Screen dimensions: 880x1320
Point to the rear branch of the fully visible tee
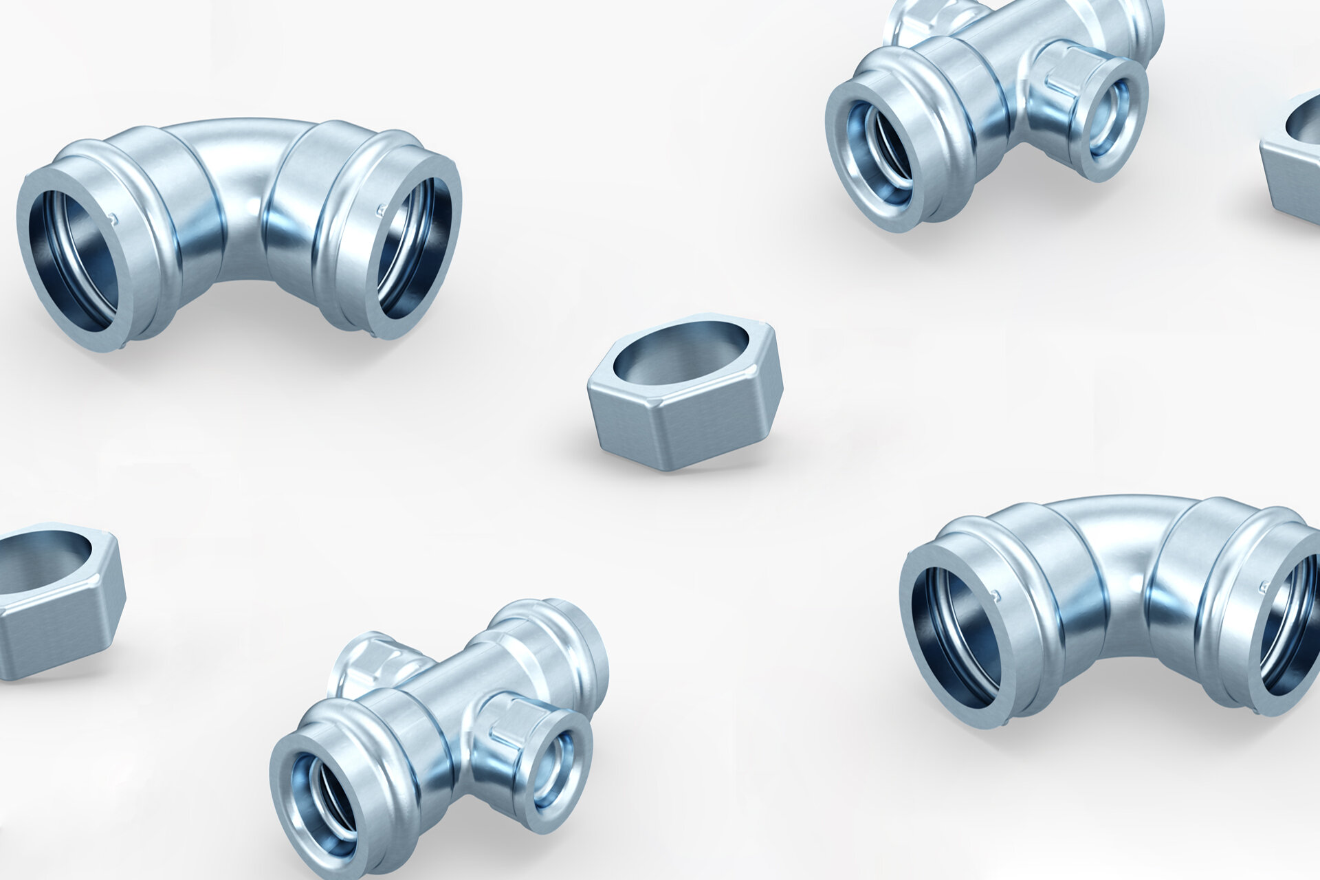click(371, 660)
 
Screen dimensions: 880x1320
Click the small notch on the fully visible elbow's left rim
click(114, 219)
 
